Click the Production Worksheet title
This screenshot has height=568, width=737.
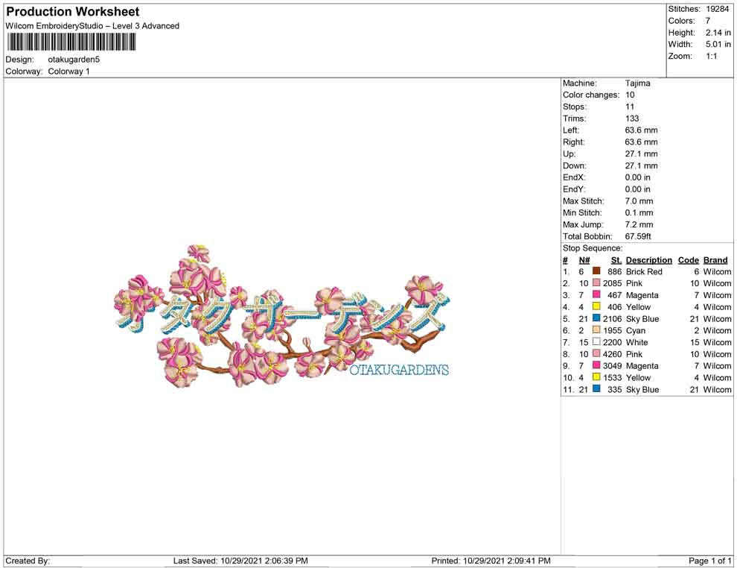coord(73,12)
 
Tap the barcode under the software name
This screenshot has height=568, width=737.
coord(71,42)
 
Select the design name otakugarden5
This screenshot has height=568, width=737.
coord(74,60)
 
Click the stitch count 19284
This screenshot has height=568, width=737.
coord(717,9)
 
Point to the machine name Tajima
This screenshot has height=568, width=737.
coord(637,83)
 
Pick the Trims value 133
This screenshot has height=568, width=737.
coord(632,119)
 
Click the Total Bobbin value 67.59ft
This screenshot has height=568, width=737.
coord(638,236)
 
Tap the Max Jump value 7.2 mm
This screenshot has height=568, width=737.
coord(639,224)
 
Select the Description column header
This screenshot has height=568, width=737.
coord(648,260)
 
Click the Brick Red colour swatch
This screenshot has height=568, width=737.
coord(596,271)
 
